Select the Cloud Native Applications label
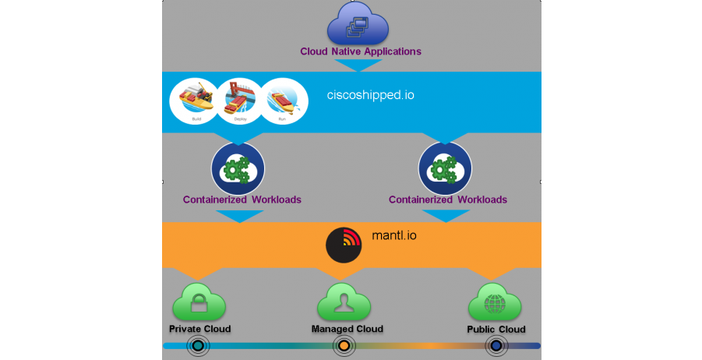point(361,51)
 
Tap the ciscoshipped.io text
point(370,95)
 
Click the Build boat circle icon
point(195,101)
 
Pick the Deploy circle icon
point(239,101)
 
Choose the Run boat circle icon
point(284,101)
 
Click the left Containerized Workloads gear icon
point(238,168)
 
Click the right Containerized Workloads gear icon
point(445,168)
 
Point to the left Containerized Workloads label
point(242,199)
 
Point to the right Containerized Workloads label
point(448,199)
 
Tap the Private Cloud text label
point(199,329)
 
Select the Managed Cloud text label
point(347,329)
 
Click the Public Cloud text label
point(496,329)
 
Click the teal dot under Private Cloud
point(198,346)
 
